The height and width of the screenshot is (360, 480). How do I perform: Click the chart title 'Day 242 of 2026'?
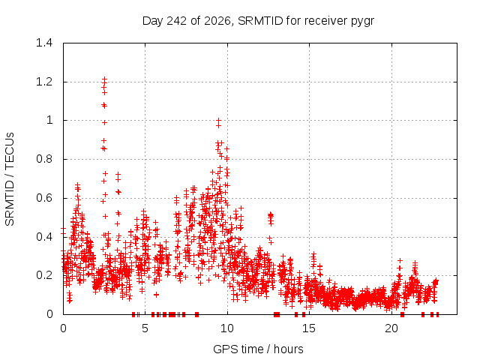tap(187, 21)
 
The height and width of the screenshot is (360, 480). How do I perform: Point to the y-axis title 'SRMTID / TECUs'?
tap(10, 179)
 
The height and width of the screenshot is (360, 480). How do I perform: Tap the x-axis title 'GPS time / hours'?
tap(258, 349)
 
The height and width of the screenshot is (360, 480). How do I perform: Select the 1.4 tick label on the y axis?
tap(44, 43)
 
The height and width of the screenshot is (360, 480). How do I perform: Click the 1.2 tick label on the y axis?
tap(44, 82)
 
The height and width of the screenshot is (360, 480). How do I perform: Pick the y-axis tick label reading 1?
tap(49, 120)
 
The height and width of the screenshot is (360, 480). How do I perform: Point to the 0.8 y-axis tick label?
tap(44, 159)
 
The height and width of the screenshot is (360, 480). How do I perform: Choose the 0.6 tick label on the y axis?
tap(44, 198)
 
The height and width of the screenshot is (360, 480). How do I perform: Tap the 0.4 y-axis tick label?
tap(44, 237)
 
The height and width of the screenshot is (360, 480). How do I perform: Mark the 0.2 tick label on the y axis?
tap(44, 275)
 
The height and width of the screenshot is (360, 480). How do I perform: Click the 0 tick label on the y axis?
tap(49, 314)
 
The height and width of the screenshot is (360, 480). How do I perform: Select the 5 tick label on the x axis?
tap(145, 328)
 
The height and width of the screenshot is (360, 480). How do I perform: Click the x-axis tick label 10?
tap(227, 328)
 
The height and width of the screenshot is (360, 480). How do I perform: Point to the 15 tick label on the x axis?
tap(309, 328)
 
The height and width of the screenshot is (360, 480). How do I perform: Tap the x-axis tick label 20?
tap(391, 328)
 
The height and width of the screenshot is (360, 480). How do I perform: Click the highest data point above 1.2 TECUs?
tap(105, 79)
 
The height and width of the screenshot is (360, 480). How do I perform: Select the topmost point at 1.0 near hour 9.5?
tap(218, 120)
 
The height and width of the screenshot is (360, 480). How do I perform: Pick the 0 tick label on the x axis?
tap(63, 328)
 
